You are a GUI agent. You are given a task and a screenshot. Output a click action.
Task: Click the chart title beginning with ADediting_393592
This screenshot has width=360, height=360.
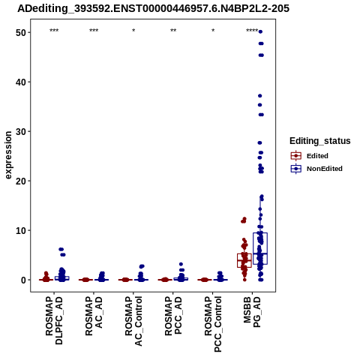(153, 8)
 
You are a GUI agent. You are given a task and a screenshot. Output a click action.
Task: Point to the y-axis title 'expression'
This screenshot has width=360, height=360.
(8, 155)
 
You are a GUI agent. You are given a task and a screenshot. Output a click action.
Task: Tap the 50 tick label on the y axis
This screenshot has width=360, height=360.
(21, 32)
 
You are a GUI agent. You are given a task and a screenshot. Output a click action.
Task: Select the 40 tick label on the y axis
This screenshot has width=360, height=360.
(21, 82)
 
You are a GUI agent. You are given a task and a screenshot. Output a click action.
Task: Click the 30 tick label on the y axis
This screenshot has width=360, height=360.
(21, 131)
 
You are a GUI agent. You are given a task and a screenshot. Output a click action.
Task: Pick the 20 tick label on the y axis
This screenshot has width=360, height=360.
(21, 181)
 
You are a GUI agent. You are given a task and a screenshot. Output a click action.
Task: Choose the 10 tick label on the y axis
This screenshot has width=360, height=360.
(21, 230)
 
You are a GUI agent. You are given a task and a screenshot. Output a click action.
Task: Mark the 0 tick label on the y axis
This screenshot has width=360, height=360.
(24, 280)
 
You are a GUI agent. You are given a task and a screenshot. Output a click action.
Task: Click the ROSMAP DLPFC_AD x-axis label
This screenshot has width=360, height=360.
(54, 321)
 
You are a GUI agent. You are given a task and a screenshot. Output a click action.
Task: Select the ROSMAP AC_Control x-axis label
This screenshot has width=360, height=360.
(133, 321)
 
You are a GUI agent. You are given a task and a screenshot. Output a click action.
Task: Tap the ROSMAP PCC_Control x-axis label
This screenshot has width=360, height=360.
(213, 324)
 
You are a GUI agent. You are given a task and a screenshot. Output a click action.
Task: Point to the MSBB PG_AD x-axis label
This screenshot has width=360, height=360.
(252, 312)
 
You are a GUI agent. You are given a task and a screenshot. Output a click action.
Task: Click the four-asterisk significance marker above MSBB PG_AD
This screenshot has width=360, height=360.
(252, 31)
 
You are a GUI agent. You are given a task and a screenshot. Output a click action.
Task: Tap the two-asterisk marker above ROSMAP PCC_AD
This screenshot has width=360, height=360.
(173, 31)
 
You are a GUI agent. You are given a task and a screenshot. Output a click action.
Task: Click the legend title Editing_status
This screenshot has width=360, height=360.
(320, 141)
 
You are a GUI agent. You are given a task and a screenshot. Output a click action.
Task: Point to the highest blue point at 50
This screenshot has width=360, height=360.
(260, 31)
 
